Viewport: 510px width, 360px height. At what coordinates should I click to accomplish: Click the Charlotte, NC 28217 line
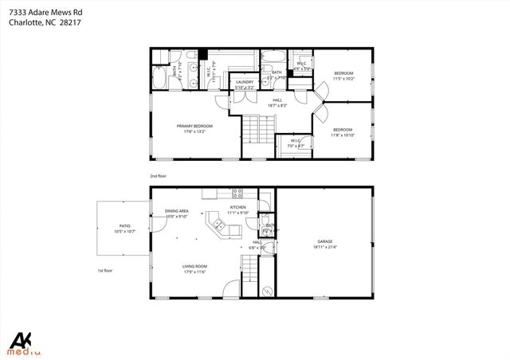pyautogui.click(x=44, y=23)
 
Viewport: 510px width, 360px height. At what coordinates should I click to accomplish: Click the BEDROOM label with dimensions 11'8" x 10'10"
pyautogui.click(x=343, y=130)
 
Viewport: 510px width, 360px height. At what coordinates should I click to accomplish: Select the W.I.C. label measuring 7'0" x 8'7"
pyautogui.click(x=296, y=143)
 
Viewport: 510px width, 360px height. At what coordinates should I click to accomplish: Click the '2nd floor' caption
pyautogui.click(x=159, y=175)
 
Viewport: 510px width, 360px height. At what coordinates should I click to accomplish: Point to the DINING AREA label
pyautogui.click(x=176, y=212)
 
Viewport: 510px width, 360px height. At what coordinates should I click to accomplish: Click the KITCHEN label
pyautogui.click(x=238, y=209)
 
